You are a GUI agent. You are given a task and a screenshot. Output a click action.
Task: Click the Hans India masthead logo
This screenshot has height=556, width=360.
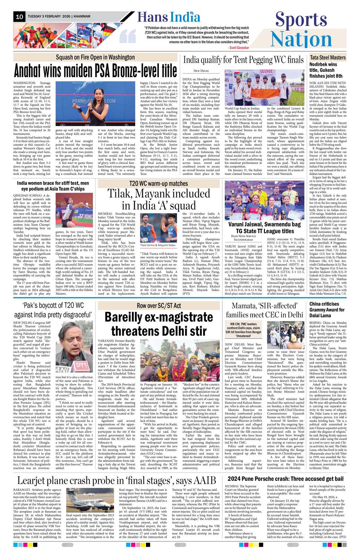click(x=169, y=17)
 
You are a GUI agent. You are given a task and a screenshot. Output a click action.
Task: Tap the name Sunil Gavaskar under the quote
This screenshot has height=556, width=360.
click(x=239, y=47)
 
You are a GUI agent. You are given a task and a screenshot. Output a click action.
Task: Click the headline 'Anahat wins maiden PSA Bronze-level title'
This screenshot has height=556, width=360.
click(x=95, y=70)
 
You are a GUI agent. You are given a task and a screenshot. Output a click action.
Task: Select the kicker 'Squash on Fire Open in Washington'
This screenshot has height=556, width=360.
click(x=95, y=57)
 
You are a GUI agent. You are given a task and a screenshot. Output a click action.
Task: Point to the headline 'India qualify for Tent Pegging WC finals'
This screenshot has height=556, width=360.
click(x=243, y=60)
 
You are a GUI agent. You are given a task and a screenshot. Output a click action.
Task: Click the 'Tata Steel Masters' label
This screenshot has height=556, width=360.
click(x=327, y=57)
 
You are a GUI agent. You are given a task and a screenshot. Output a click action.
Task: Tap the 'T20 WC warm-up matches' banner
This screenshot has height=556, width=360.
click(x=159, y=183)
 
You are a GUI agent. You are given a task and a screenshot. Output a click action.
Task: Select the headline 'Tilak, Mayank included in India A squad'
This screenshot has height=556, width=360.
click(x=159, y=199)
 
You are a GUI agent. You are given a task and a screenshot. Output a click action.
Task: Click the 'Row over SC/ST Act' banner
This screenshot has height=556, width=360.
click(x=159, y=305)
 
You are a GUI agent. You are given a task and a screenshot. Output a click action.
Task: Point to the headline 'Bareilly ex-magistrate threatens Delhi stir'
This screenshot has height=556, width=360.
click(x=159, y=324)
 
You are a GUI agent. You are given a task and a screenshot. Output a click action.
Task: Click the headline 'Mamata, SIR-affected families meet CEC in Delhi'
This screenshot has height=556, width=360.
click(x=264, y=310)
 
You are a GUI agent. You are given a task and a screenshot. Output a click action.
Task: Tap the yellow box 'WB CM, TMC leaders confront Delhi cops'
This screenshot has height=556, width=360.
click(x=243, y=330)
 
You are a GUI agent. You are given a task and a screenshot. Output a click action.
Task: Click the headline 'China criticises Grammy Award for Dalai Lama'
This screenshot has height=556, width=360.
click(x=327, y=310)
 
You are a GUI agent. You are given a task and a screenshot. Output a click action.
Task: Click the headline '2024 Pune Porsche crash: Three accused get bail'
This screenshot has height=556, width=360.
click(x=285, y=479)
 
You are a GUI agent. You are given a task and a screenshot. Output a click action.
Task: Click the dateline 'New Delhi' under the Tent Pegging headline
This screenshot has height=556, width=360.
click(x=201, y=70)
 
